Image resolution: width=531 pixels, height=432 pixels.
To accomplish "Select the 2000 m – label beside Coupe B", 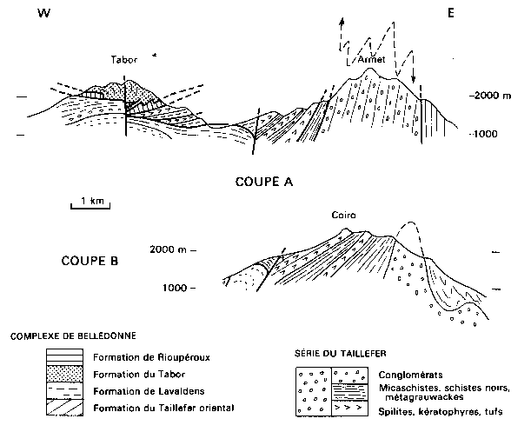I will pos(173,249).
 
